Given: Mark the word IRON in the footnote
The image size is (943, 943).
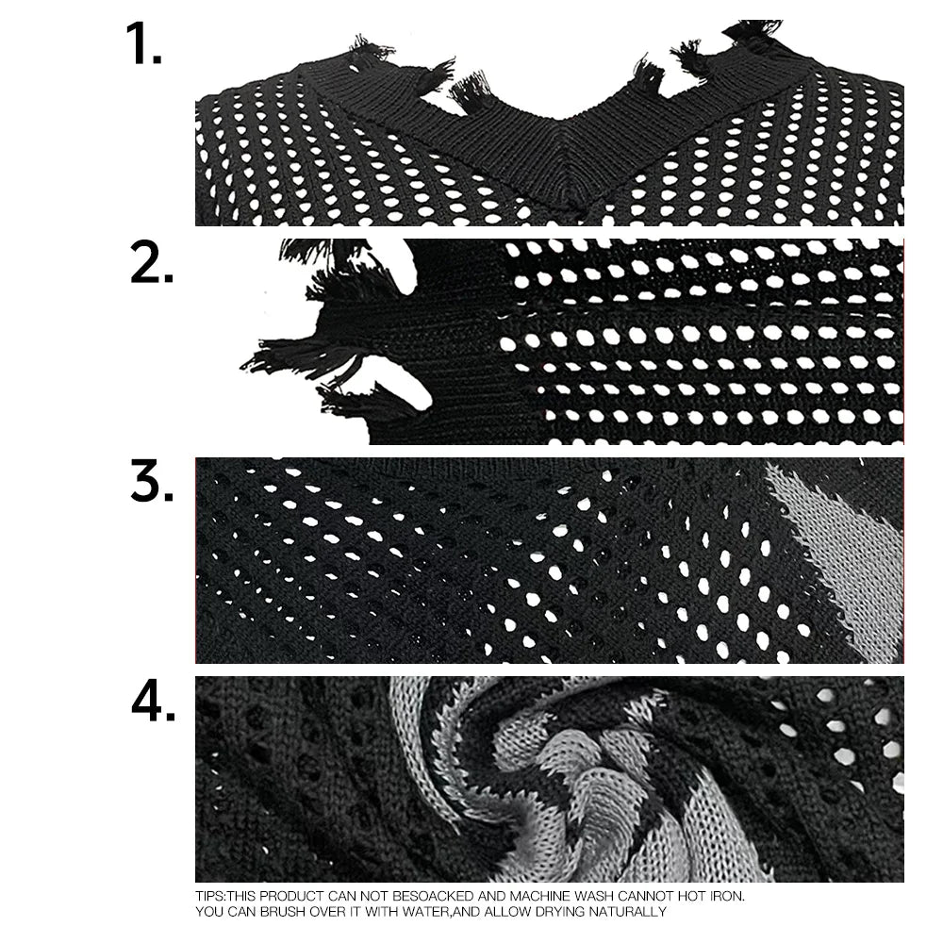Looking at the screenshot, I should (x=739, y=895).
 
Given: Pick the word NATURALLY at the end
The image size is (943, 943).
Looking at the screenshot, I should (x=641, y=912).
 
